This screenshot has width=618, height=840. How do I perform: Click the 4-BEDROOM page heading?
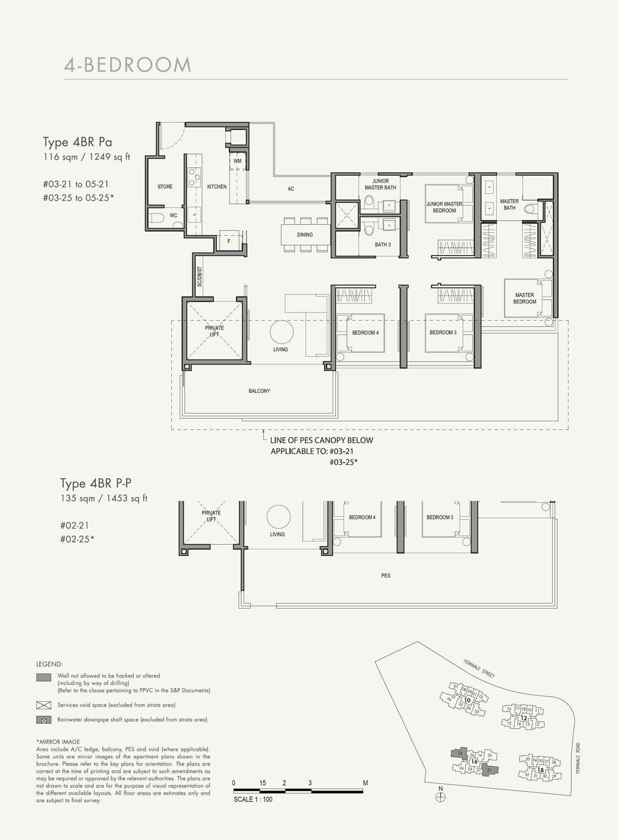127,65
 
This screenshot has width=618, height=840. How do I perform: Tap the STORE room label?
165,186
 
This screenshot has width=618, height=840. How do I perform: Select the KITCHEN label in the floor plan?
217,186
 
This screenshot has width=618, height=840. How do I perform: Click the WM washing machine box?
237,161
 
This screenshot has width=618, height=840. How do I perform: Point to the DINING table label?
305,235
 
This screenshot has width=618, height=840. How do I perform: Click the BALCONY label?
259,391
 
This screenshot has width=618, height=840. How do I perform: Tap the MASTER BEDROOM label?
524,298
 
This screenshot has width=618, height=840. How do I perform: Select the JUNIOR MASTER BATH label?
380,184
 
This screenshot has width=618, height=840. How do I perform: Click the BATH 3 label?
383,244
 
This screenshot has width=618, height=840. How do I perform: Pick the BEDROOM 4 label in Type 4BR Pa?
365,333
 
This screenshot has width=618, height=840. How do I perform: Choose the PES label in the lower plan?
386,575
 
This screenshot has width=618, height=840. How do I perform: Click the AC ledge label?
291,189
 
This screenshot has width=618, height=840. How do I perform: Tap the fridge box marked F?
229,241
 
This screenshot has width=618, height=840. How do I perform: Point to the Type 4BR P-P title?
96,483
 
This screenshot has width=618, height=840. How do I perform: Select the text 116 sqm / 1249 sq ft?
86,157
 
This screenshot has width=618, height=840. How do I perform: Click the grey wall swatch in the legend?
44,677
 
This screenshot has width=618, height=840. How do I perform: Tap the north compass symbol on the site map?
441,797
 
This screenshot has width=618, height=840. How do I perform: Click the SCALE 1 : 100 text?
253,799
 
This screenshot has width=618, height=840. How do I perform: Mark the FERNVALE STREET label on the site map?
479,668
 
